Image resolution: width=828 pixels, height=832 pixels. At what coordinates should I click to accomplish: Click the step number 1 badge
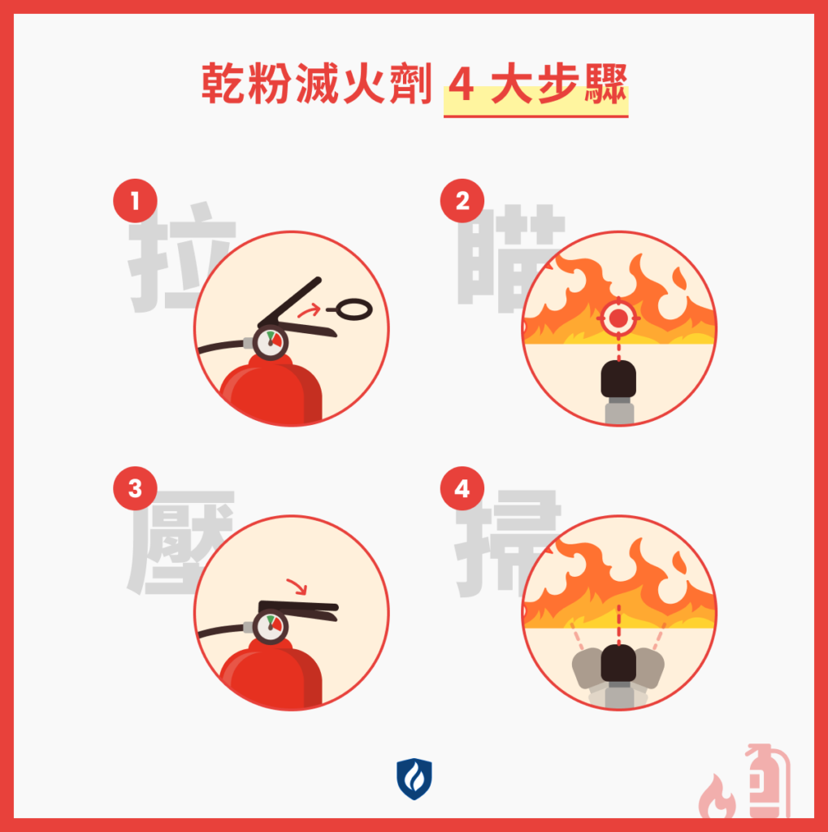point(135,201)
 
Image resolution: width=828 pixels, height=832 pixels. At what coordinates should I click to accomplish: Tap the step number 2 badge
point(462,201)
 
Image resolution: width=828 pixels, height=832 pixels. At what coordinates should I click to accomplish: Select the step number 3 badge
point(135,489)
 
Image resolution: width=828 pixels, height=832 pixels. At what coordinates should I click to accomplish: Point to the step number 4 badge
point(462,489)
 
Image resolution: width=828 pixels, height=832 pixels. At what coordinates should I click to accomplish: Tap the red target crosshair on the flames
point(618,318)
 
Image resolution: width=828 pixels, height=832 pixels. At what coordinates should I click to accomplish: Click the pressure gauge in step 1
point(270,342)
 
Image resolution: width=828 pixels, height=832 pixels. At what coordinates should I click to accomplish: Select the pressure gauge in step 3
point(270,626)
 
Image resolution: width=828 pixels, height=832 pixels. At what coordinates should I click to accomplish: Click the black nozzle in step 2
point(618,379)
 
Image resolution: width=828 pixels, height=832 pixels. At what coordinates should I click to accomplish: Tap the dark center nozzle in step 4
point(618,664)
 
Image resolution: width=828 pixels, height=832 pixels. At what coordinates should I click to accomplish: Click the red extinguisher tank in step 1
point(272,393)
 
